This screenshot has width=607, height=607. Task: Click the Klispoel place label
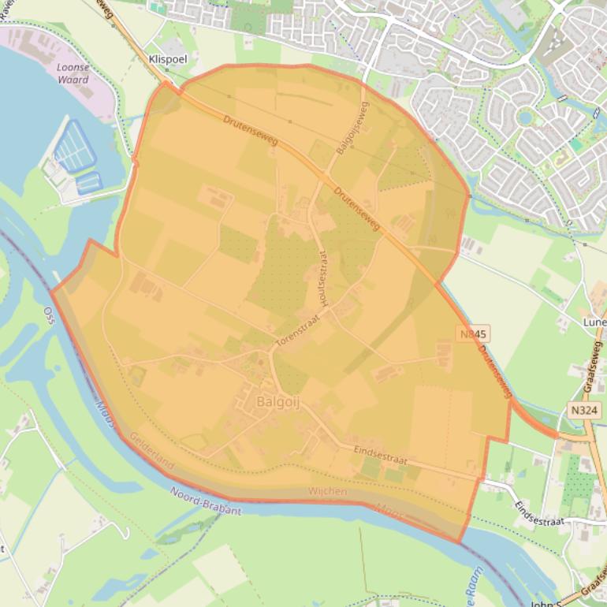(x=167, y=59)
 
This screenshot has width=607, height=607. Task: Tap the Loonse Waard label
(x=73, y=73)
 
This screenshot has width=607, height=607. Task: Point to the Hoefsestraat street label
(x=322, y=280)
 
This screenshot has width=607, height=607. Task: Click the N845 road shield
(x=474, y=334)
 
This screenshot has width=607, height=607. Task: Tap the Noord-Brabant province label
(x=206, y=501)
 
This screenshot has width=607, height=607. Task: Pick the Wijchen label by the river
(x=327, y=492)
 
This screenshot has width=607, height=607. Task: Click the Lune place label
(x=594, y=322)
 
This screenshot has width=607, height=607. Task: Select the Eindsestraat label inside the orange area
(x=380, y=456)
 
